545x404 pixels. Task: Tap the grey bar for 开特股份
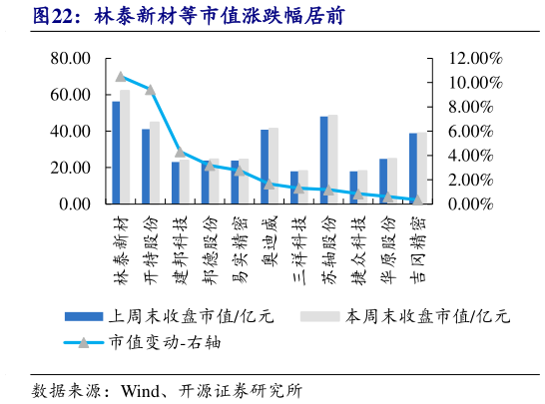click(x=155, y=163)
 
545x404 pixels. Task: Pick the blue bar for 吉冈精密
click(x=412, y=169)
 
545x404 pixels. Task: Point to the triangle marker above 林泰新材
click(x=120, y=77)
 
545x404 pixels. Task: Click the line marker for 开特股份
click(x=150, y=90)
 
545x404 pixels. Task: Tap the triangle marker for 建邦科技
click(x=180, y=153)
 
